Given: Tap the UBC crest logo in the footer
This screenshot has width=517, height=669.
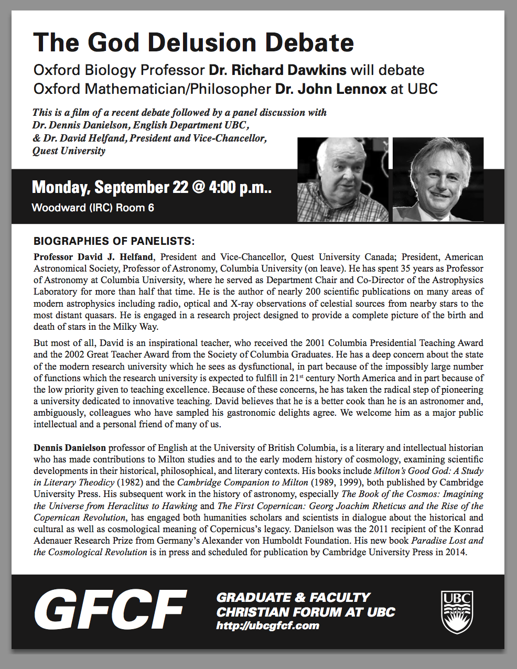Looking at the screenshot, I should [457, 612].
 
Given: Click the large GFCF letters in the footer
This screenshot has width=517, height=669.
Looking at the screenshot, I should [110, 610].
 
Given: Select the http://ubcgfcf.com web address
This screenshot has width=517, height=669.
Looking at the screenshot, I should [267, 625].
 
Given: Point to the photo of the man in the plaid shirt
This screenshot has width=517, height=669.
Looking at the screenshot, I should [343, 179].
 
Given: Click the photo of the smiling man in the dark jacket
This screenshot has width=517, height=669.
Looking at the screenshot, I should [438, 179].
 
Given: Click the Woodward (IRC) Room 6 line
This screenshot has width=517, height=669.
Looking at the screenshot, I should [93, 208].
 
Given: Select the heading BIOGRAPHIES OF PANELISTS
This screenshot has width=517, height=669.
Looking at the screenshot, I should [114, 241].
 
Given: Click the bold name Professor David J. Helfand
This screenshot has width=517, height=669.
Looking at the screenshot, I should [93, 257].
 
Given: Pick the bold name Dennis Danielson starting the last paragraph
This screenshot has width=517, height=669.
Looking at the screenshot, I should [70, 448].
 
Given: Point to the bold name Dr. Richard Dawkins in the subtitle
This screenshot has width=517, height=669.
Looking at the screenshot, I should [277, 70].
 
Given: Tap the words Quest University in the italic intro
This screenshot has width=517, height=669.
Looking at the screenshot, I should [69, 151].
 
